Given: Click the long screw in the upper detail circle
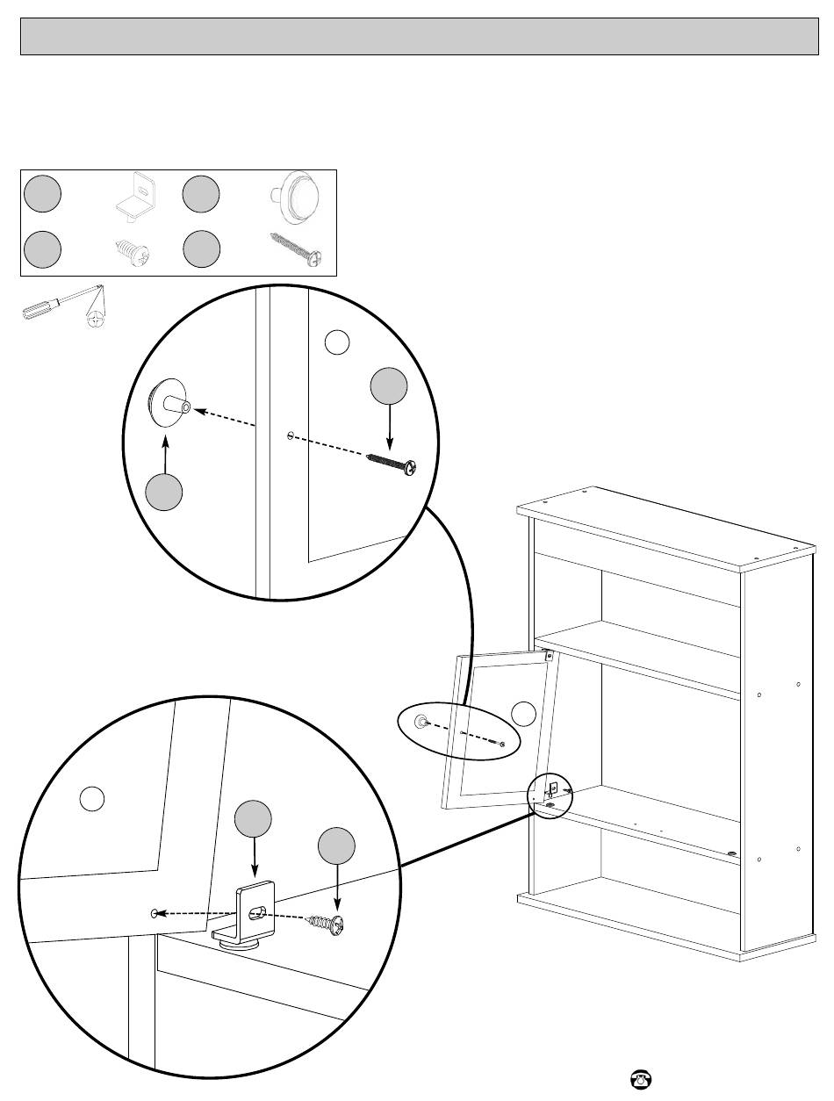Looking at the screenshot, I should [392, 463].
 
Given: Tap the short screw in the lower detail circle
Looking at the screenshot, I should [326, 923].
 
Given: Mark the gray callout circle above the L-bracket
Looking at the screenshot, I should [253, 819].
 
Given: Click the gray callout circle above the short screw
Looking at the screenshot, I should [337, 847].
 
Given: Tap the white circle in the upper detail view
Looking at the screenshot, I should [337, 342].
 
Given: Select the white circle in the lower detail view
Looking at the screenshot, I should [93, 798].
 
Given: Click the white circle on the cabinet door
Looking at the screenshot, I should [523, 714].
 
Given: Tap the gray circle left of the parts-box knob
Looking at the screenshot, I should [201, 194].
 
